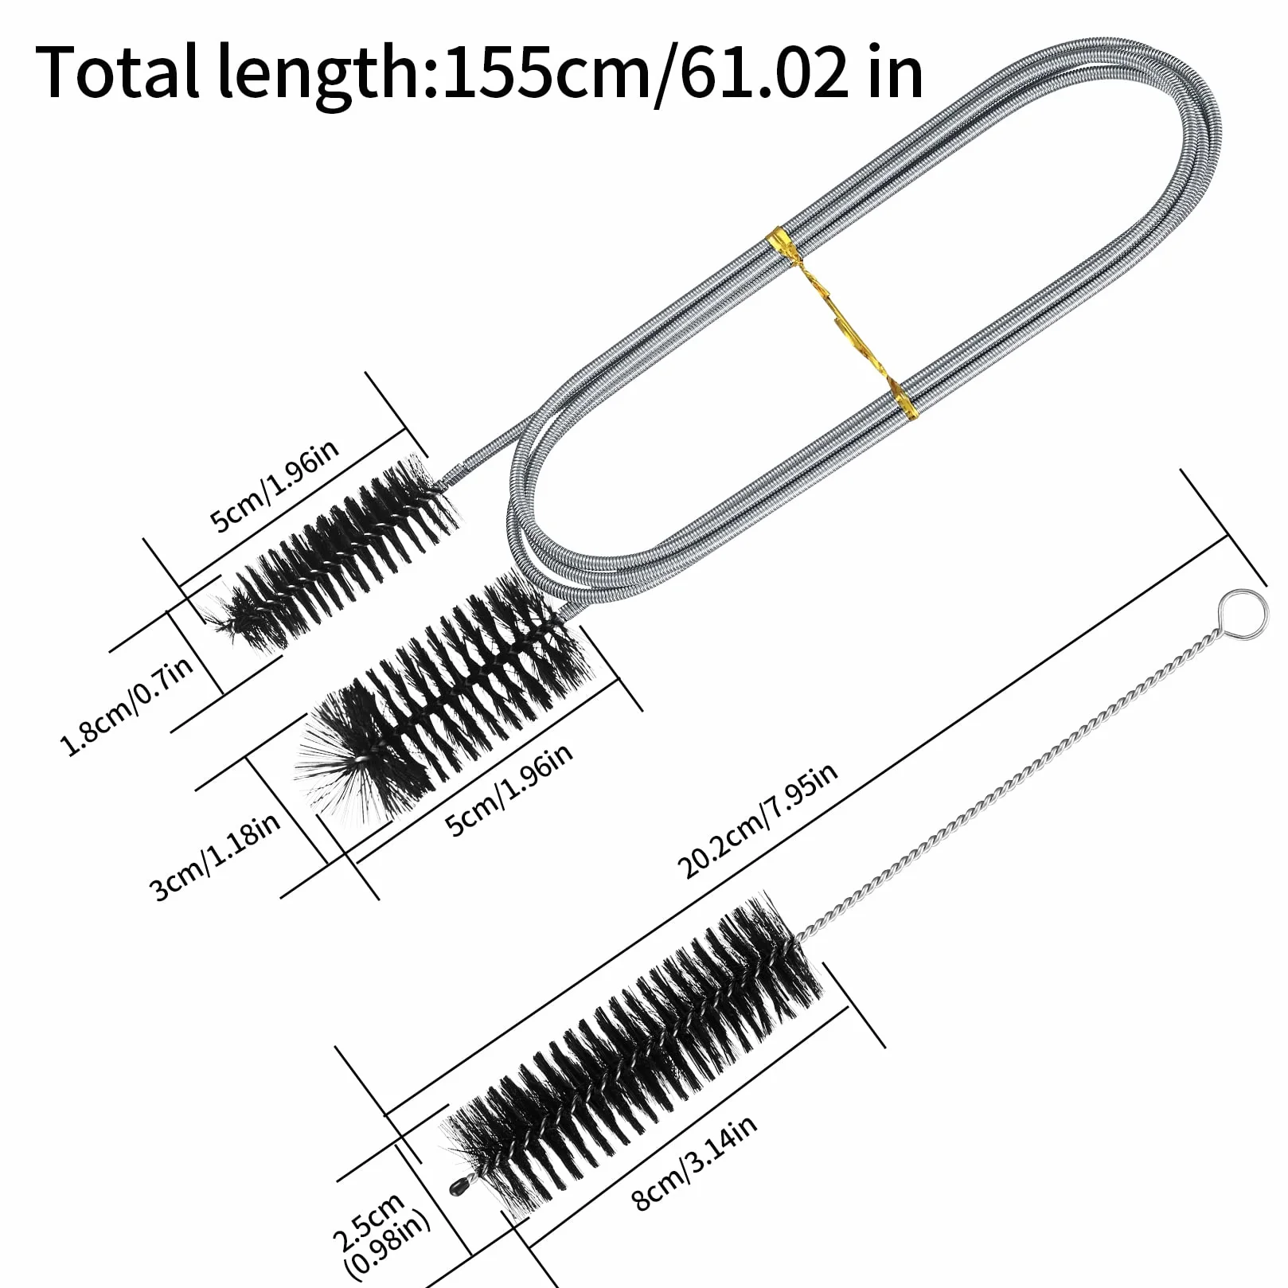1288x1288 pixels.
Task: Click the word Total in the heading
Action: (x=117, y=72)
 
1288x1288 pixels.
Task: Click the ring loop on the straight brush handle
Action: (x=1242, y=614)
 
